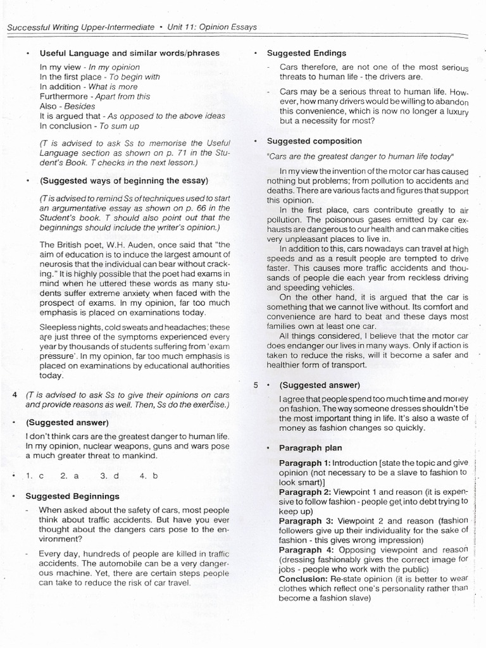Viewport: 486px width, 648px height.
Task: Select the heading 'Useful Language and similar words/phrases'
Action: pyautogui.click(x=130, y=53)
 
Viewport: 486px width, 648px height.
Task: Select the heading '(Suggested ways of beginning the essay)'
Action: pyautogui.click(x=123, y=181)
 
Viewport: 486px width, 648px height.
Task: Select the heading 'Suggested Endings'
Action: pyautogui.click(x=306, y=53)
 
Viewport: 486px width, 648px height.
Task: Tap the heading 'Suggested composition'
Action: pyautogui.click(x=314, y=141)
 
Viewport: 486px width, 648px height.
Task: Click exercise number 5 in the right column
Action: pyautogui.click(x=256, y=385)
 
